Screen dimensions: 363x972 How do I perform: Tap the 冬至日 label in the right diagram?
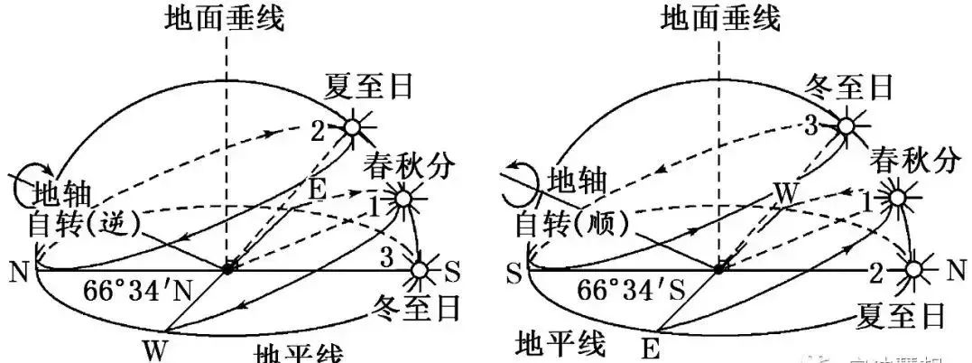[848, 88]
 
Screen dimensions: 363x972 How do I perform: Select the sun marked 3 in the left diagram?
[419, 269]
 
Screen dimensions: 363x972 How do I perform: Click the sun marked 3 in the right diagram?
[847, 126]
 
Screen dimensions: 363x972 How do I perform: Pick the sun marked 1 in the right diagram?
[896, 198]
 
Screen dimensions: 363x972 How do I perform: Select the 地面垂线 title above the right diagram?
[720, 18]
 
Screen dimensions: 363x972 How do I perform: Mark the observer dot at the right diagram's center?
[720, 268]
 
